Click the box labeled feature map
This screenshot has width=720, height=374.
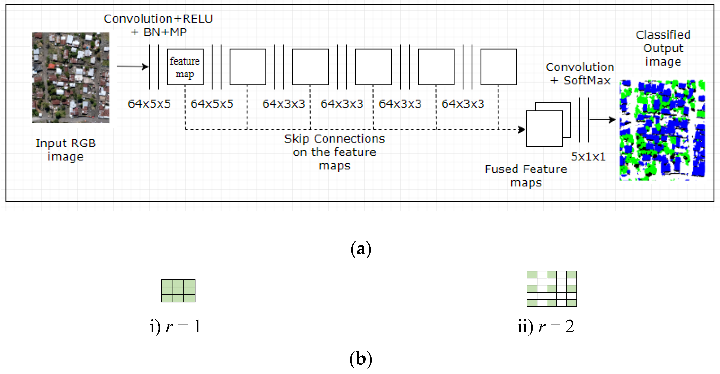(185, 67)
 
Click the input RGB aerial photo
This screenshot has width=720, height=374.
(71, 78)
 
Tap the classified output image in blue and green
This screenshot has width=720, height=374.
(662, 130)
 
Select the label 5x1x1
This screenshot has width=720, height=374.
(588, 157)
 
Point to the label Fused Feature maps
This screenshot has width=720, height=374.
(526, 176)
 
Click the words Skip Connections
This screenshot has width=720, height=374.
(334, 139)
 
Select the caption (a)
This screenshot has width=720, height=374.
(361, 249)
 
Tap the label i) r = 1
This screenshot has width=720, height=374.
(176, 326)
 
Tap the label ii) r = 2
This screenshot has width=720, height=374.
(546, 326)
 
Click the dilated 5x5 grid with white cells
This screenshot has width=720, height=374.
(551, 289)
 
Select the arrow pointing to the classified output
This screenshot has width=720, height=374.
(602, 120)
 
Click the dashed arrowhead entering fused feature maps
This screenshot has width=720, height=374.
(522, 130)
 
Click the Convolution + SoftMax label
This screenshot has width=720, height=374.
(580, 74)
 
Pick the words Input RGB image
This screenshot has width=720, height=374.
(66, 150)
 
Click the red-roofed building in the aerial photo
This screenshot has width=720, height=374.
(51, 67)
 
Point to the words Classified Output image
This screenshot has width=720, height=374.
(663, 48)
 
